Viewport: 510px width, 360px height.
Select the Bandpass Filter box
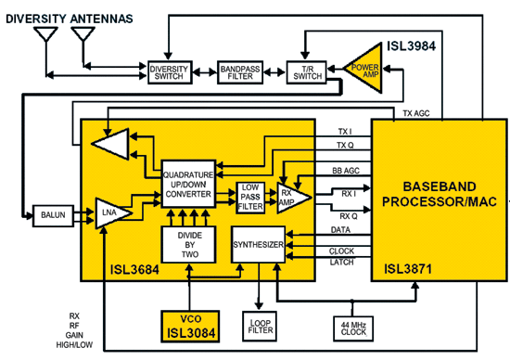point(242,71)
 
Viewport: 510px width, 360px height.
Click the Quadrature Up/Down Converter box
point(188,185)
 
